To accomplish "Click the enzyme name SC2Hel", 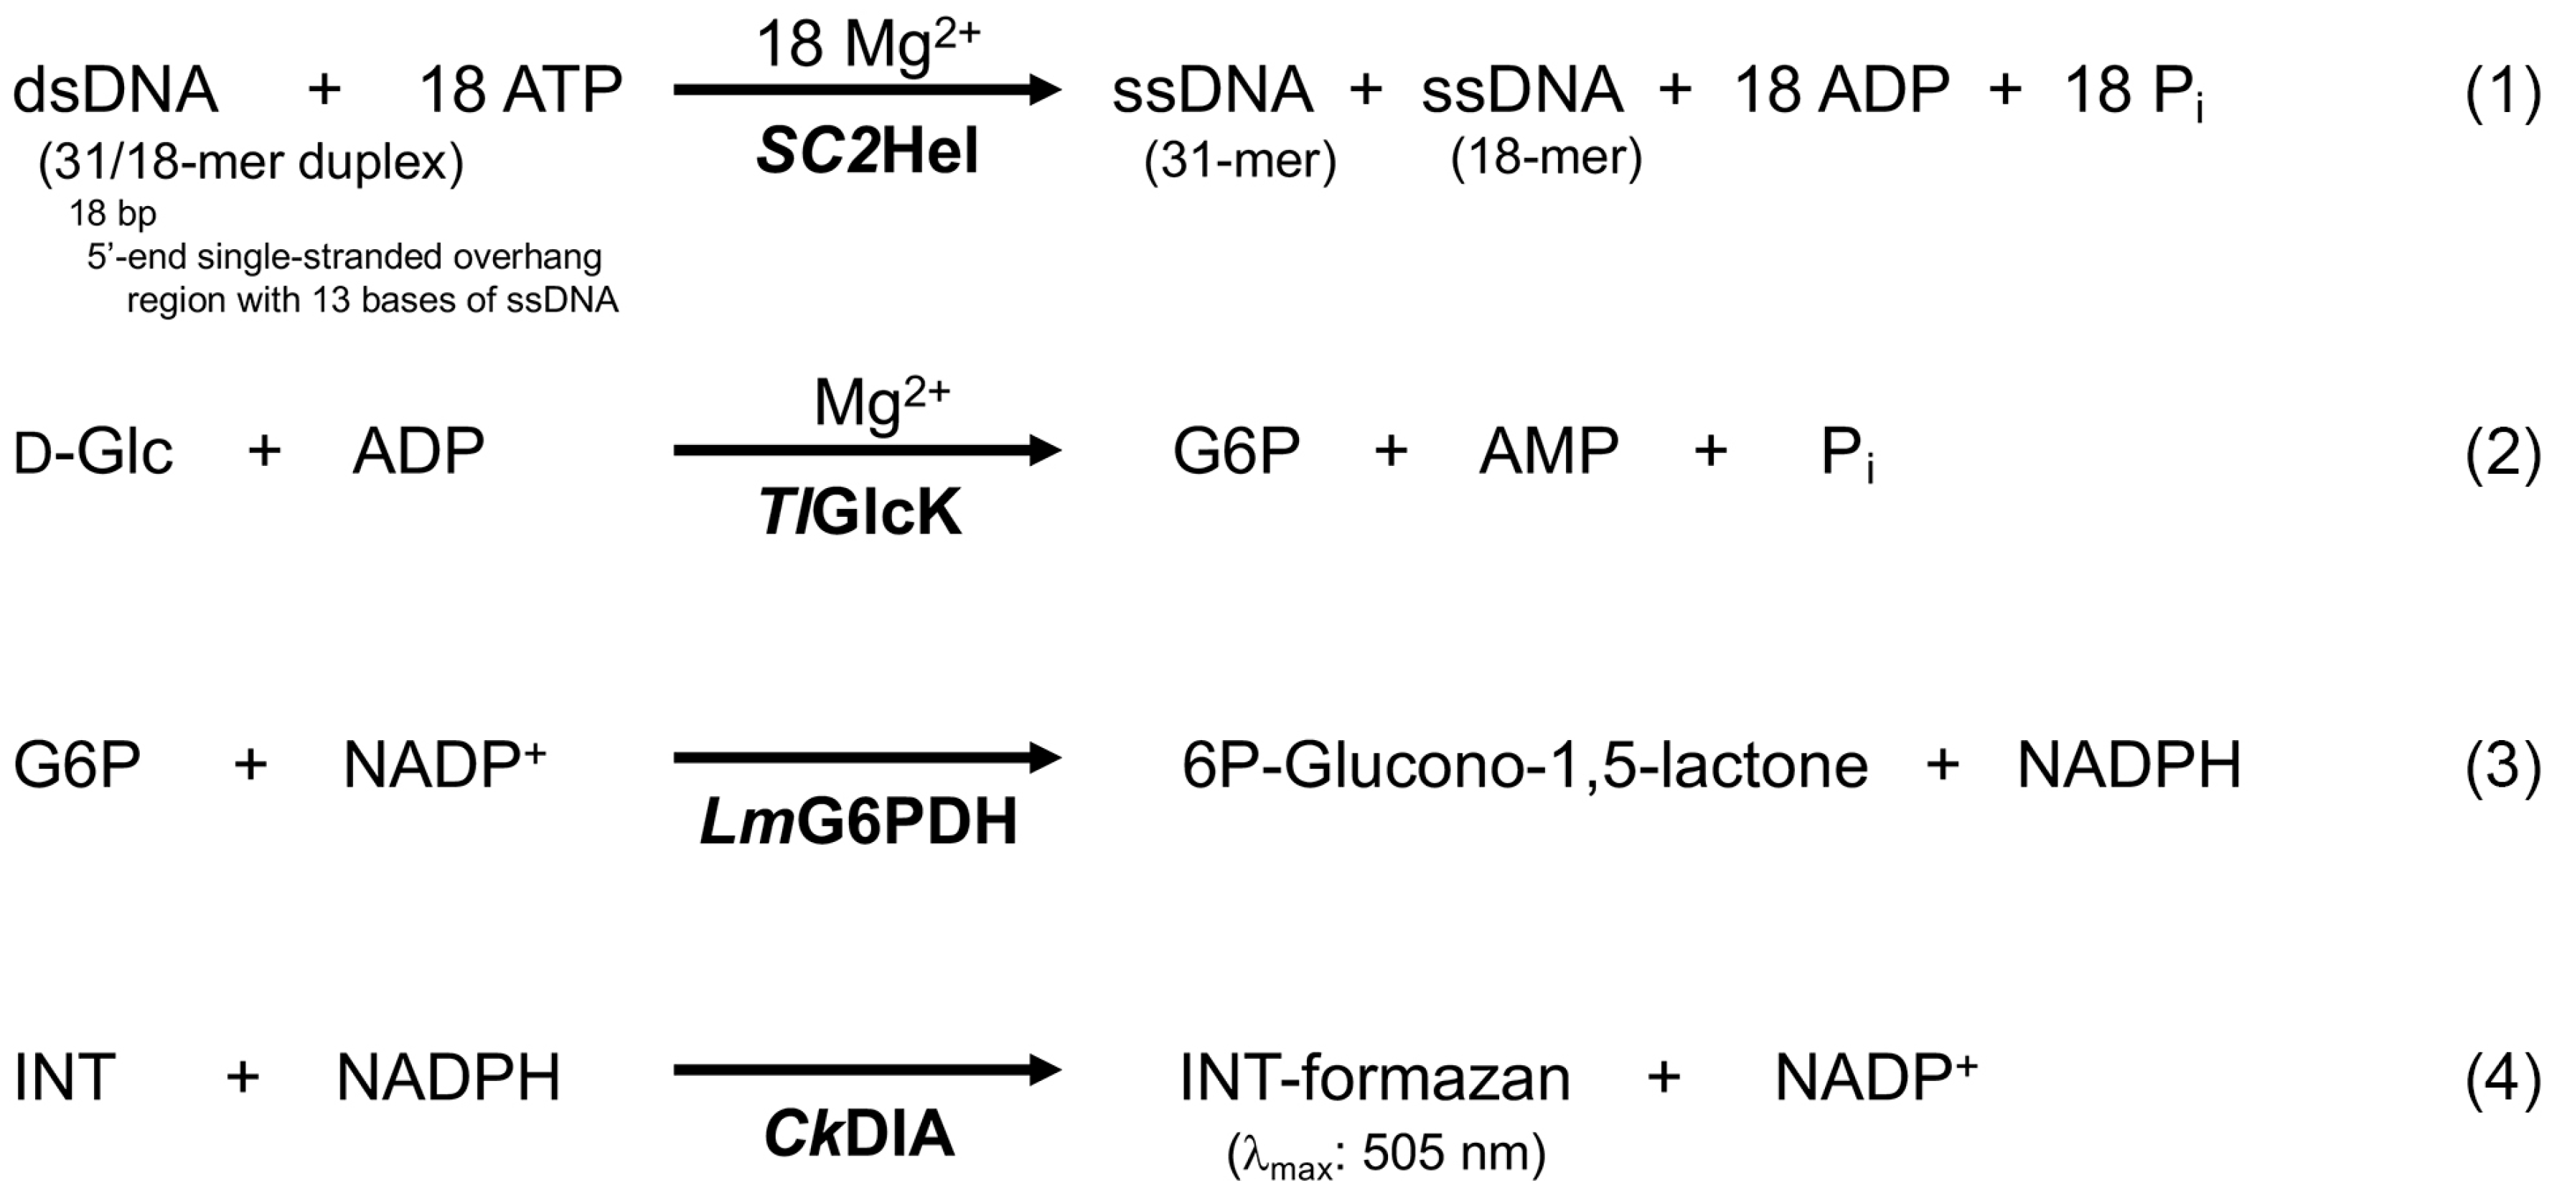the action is click(x=867, y=153).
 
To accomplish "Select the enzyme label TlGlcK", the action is click(x=861, y=513).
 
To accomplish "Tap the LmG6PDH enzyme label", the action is click(x=859, y=822).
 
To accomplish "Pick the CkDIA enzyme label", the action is click(x=859, y=1134).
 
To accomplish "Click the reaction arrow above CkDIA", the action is click(x=867, y=1071).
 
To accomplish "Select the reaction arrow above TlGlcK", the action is click(x=867, y=451).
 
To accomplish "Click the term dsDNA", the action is click(x=116, y=90).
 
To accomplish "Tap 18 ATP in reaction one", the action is click(x=521, y=90).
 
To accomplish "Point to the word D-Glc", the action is click(x=93, y=453).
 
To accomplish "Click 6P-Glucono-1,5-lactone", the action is click(x=1525, y=765).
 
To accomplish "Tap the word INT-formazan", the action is click(x=1374, y=1077).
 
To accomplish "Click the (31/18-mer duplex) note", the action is click(x=250, y=162).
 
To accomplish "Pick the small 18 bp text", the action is click(x=113, y=213).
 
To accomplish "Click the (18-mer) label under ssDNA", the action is click(x=1547, y=157).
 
